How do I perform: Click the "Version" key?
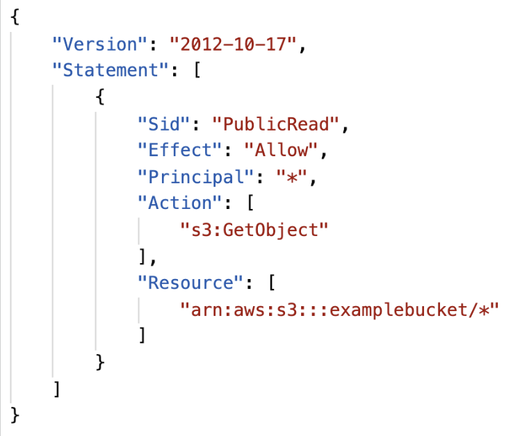pyautogui.click(x=99, y=44)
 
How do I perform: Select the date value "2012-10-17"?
pyautogui.click(x=233, y=44)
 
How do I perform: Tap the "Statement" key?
pyautogui.click(x=111, y=70)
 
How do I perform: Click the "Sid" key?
pyautogui.click(x=163, y=124)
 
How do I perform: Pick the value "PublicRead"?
pyautogui.click(x=275, y=124)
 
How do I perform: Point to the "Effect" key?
pyautogui.click(x=179, y=150)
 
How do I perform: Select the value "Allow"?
pyautogui.click(x=281, y=150)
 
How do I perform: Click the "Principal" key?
pyautogui.click(x=195, y=176)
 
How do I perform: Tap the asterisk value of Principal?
pyautogui.click(x=291, y=176)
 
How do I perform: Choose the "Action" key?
pyautogui.click(x=179, y=203)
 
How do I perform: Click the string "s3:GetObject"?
pyautogui.click(x=254, y=230)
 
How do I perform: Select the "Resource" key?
pyautogui.click(x=190, y=283)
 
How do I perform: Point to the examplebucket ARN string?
pyautogui.click(x=339, y=310)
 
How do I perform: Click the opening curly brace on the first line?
pyautogui.click(x=15, y=17)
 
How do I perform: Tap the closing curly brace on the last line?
pyautogui.click(x=15, y=415)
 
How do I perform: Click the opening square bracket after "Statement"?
pyautogui.click(x=197, y=70)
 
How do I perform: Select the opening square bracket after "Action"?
pyautogui.click(x=250, y=203)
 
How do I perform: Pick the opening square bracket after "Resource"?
pyautogui.click(x=272, y=283)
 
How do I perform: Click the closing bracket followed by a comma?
pyautogui.click(x=147, y=257)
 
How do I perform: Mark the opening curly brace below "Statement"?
pyautogui.click(x=100, y=97)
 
